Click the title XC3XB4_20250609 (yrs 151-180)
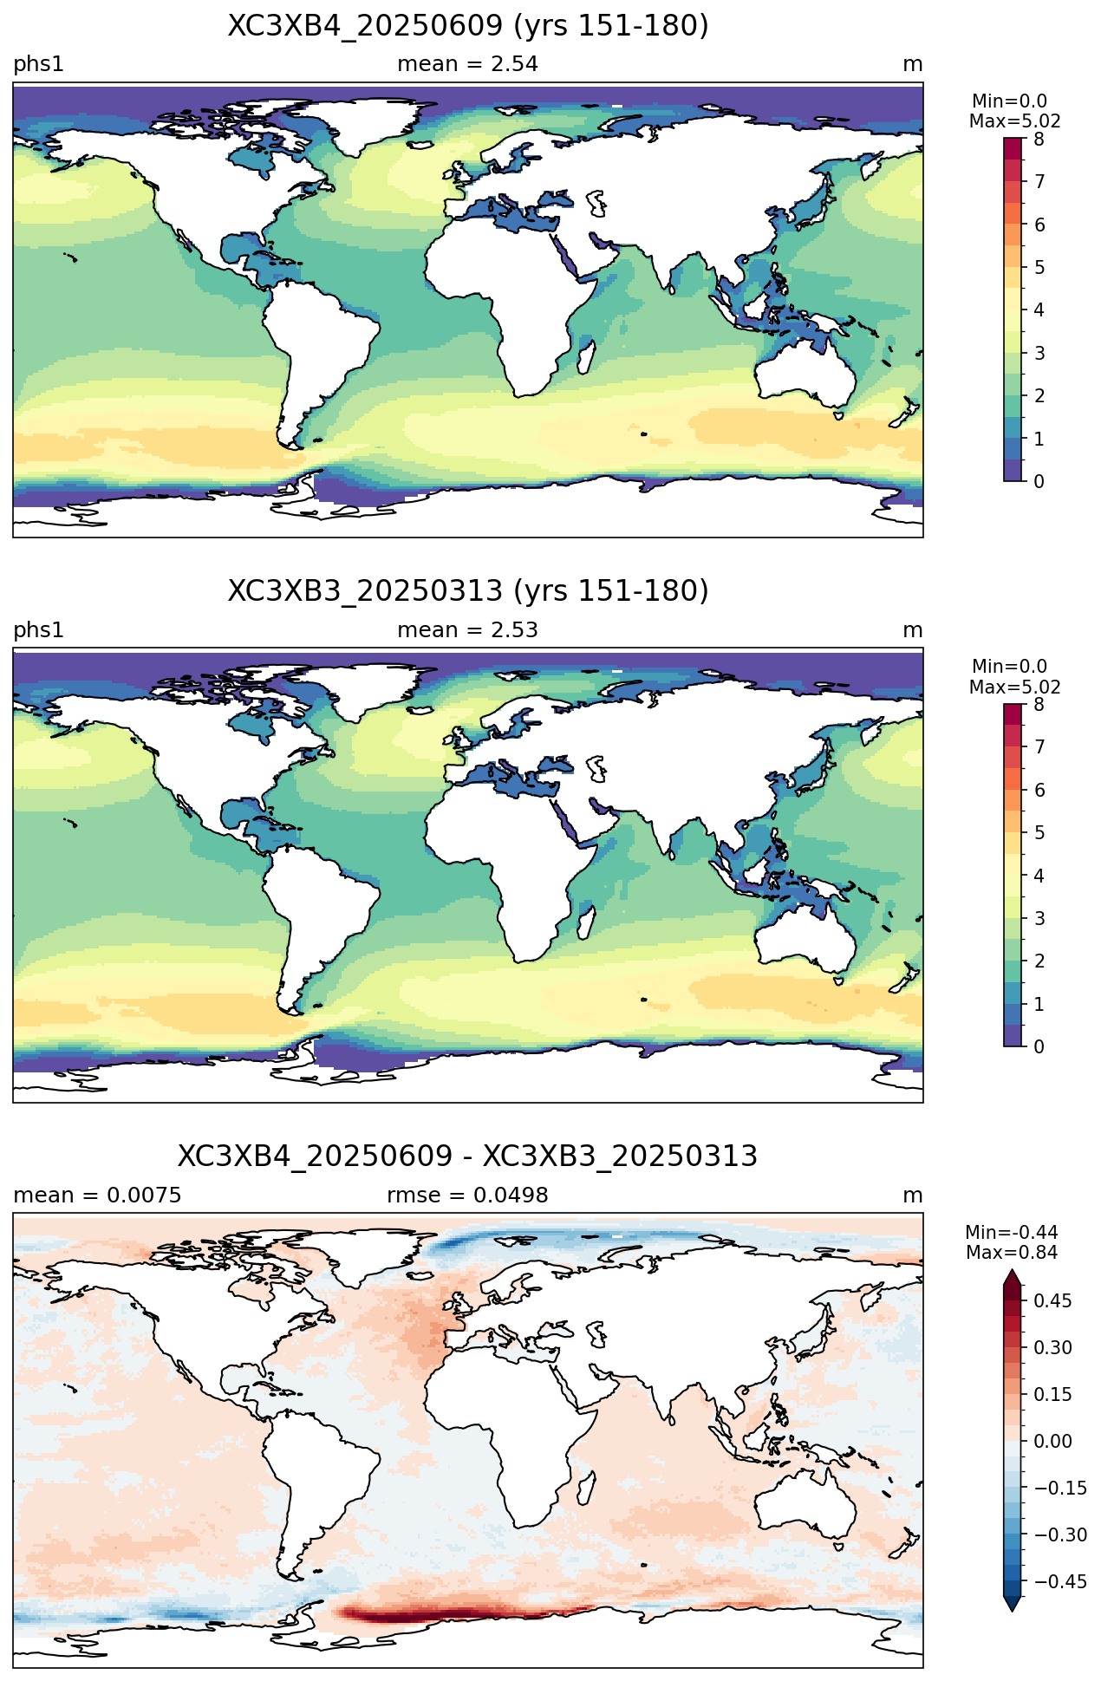tap(468, 26)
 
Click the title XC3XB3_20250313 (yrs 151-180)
tap(468, 591)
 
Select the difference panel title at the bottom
tap(468, 1157)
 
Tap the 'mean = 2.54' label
tap(468, 64)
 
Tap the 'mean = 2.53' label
tap(468, 630)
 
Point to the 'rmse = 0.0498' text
tap(468, 1196)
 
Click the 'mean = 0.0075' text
tap(97, 1196)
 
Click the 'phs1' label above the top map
tap(38, 65)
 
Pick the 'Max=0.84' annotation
tap(1012, 1253)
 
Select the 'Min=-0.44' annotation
tap(1012, 1233)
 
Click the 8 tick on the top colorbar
tap(1039, 139)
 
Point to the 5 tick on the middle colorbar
tap(1039, 832)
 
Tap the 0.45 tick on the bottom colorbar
tap(1052, 1300)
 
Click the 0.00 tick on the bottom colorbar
tap(1052, 1441)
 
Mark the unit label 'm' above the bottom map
tap(913, 1196)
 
